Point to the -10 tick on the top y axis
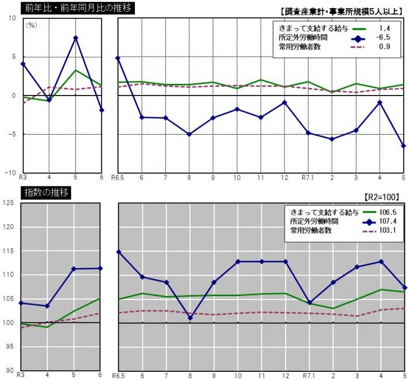coord(11,173)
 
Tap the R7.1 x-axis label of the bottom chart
coord(309,375)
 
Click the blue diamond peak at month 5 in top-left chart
coord(75,38)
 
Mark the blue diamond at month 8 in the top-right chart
coord(189,134)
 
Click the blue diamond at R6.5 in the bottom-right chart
coord(118,252)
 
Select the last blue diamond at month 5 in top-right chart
coord(403,146)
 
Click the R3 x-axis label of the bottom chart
coord(21,375)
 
